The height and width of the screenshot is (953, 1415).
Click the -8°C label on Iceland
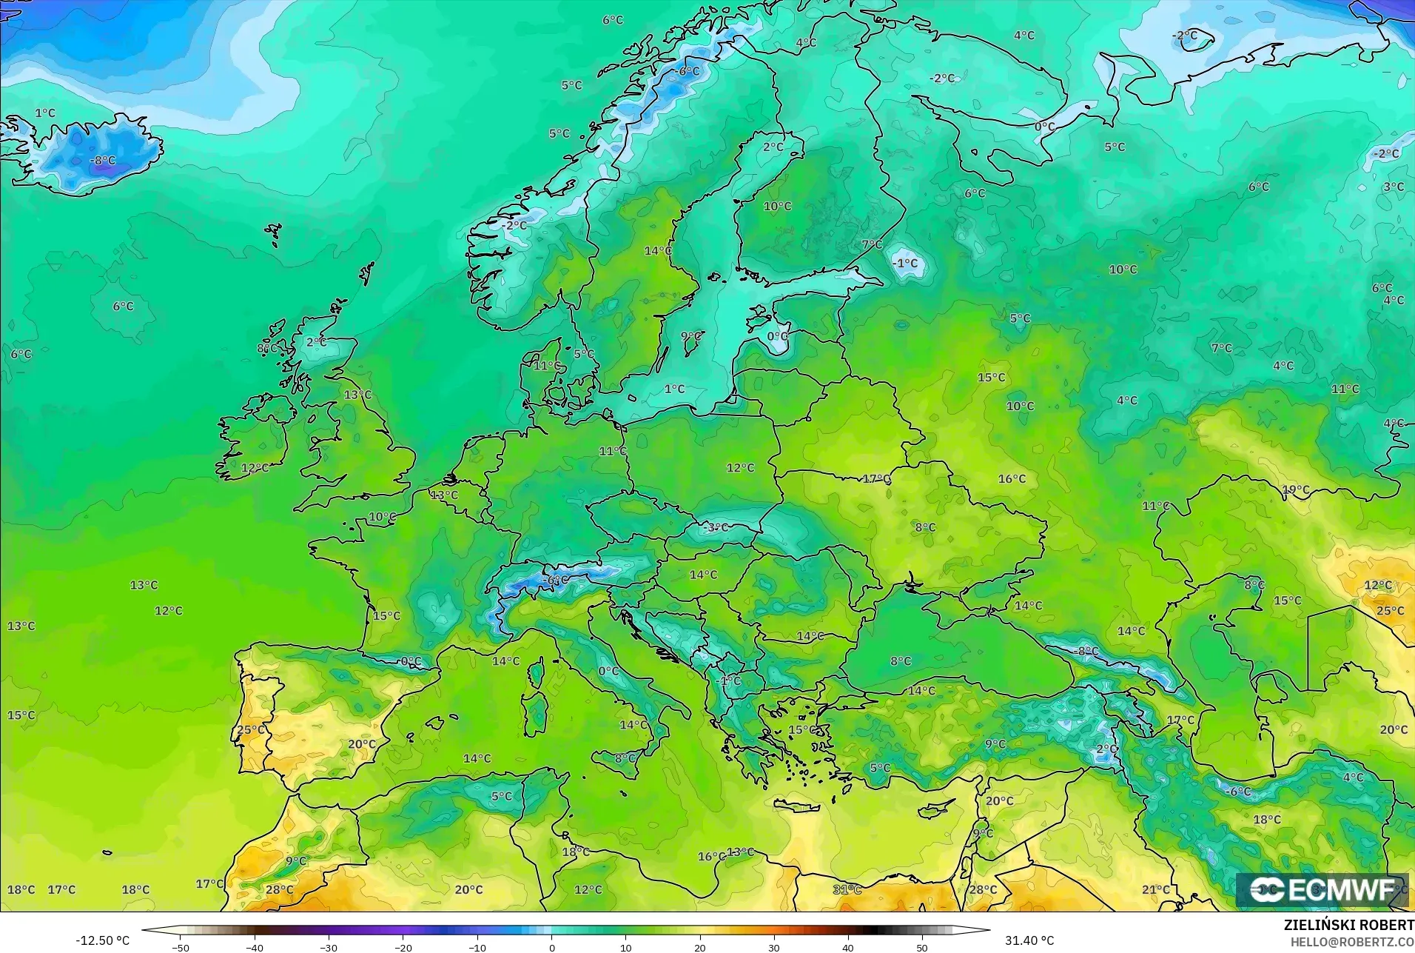103,160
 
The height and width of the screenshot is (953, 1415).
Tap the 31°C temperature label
847,889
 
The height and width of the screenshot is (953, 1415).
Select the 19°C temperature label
1296,489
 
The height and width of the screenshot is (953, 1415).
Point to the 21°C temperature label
1156,889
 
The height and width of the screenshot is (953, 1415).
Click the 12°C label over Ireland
255,468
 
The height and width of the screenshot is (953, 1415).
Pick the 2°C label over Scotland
317,342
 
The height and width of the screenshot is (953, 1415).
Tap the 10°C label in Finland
777,206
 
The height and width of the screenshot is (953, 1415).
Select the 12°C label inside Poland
740,467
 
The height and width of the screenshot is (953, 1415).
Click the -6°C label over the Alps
556,580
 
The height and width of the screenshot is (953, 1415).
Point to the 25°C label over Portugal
251,729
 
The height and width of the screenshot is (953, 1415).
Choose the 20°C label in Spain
362,744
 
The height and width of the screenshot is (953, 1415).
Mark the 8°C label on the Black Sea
901,661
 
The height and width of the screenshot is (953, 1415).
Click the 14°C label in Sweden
657,250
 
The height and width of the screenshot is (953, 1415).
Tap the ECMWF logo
1322,890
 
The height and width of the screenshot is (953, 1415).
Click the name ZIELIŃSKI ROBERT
1348,925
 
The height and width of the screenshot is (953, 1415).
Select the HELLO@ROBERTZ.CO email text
1352,942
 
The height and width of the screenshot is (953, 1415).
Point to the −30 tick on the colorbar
329,947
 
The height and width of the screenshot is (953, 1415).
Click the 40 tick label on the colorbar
848,947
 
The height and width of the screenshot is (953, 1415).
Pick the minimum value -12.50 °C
102,940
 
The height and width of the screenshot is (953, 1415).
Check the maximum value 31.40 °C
1029,940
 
